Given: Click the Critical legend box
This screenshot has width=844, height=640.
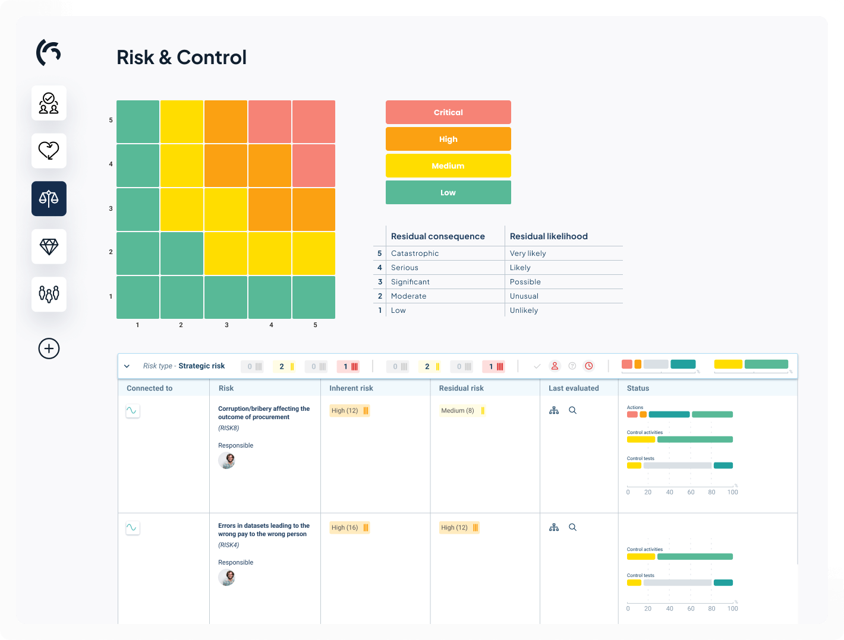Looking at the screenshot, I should pos(448,112).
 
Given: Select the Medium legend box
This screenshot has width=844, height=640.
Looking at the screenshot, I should pos(448,166).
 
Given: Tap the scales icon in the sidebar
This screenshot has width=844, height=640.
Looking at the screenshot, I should pos(49,198).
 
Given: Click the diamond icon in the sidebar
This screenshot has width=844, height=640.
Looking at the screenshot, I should pos(49,246).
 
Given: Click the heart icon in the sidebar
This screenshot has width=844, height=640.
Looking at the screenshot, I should pos(49,151).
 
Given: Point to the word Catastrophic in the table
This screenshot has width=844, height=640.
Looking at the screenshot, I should pos(415,254).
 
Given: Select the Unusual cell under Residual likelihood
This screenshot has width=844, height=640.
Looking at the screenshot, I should pos(524,296).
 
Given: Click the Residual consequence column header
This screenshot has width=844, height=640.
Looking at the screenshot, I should pos(438,236).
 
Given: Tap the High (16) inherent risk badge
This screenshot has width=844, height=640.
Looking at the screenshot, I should pos(349,527).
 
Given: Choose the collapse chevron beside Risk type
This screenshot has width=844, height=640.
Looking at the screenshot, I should pos(127,366).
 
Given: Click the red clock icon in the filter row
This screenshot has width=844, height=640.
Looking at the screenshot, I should pos(589,366).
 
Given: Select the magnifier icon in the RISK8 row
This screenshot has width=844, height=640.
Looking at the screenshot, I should pos(573,410).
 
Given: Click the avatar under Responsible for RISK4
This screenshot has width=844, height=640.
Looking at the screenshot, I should pos(226,577).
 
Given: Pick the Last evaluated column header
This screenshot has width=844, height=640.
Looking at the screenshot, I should pos(574,388).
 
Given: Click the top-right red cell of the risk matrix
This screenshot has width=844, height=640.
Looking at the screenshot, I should pos(314,122).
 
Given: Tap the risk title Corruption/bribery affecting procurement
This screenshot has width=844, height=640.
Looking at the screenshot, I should pos(264,413).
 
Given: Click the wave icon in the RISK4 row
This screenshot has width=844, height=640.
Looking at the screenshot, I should pos(133,527).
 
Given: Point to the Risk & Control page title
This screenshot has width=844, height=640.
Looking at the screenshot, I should pos(181,58).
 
